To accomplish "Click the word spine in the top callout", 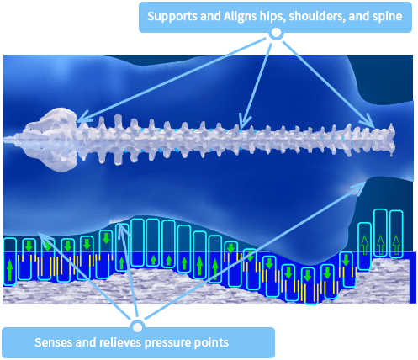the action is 388,17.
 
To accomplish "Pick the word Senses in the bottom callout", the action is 53,342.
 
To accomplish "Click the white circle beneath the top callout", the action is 276,33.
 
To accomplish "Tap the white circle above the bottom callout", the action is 137,327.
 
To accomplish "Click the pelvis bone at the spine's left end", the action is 52,140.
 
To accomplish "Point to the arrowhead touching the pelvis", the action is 84,119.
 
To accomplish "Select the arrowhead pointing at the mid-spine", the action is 245,122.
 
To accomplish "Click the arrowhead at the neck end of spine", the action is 368,121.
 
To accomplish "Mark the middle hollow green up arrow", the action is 380,245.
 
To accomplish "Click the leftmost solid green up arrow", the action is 10,270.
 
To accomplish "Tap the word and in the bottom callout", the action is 85,342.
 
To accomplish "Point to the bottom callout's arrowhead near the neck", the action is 358,188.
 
